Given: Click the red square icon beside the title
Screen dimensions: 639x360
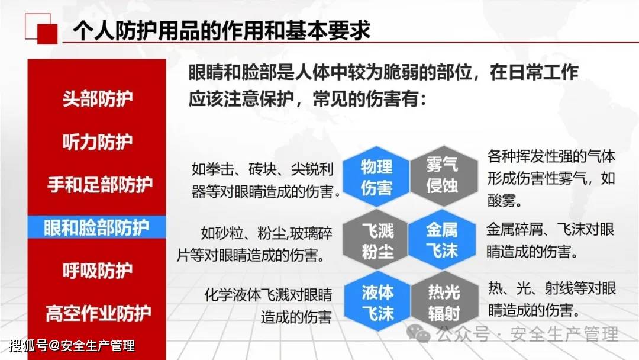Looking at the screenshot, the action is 47,34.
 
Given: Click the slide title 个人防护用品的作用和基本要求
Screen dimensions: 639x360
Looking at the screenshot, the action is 222,30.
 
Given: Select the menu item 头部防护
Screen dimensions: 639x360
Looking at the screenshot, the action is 98,99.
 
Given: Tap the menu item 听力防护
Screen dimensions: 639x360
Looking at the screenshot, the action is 98,142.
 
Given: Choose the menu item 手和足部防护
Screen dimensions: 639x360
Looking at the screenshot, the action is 100,185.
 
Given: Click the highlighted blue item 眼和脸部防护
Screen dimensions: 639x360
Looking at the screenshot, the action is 96,227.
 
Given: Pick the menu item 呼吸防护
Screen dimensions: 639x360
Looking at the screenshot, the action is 98,271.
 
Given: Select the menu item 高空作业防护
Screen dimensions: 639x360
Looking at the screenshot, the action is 98,313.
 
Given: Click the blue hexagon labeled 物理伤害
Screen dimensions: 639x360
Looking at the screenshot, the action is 376,176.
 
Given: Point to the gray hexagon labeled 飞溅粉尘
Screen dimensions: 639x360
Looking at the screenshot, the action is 376,240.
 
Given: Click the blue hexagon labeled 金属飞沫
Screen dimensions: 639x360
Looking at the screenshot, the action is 442,240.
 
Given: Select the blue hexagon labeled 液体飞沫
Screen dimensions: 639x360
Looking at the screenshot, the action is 377,303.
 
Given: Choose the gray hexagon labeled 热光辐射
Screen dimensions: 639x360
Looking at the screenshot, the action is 444,303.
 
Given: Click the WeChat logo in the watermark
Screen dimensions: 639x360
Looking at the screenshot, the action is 418,333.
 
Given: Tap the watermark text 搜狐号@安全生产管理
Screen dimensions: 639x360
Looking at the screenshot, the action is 72,346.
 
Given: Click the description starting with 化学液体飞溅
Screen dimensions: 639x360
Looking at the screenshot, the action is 268,306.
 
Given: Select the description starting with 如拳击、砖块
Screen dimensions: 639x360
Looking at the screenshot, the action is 265,180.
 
